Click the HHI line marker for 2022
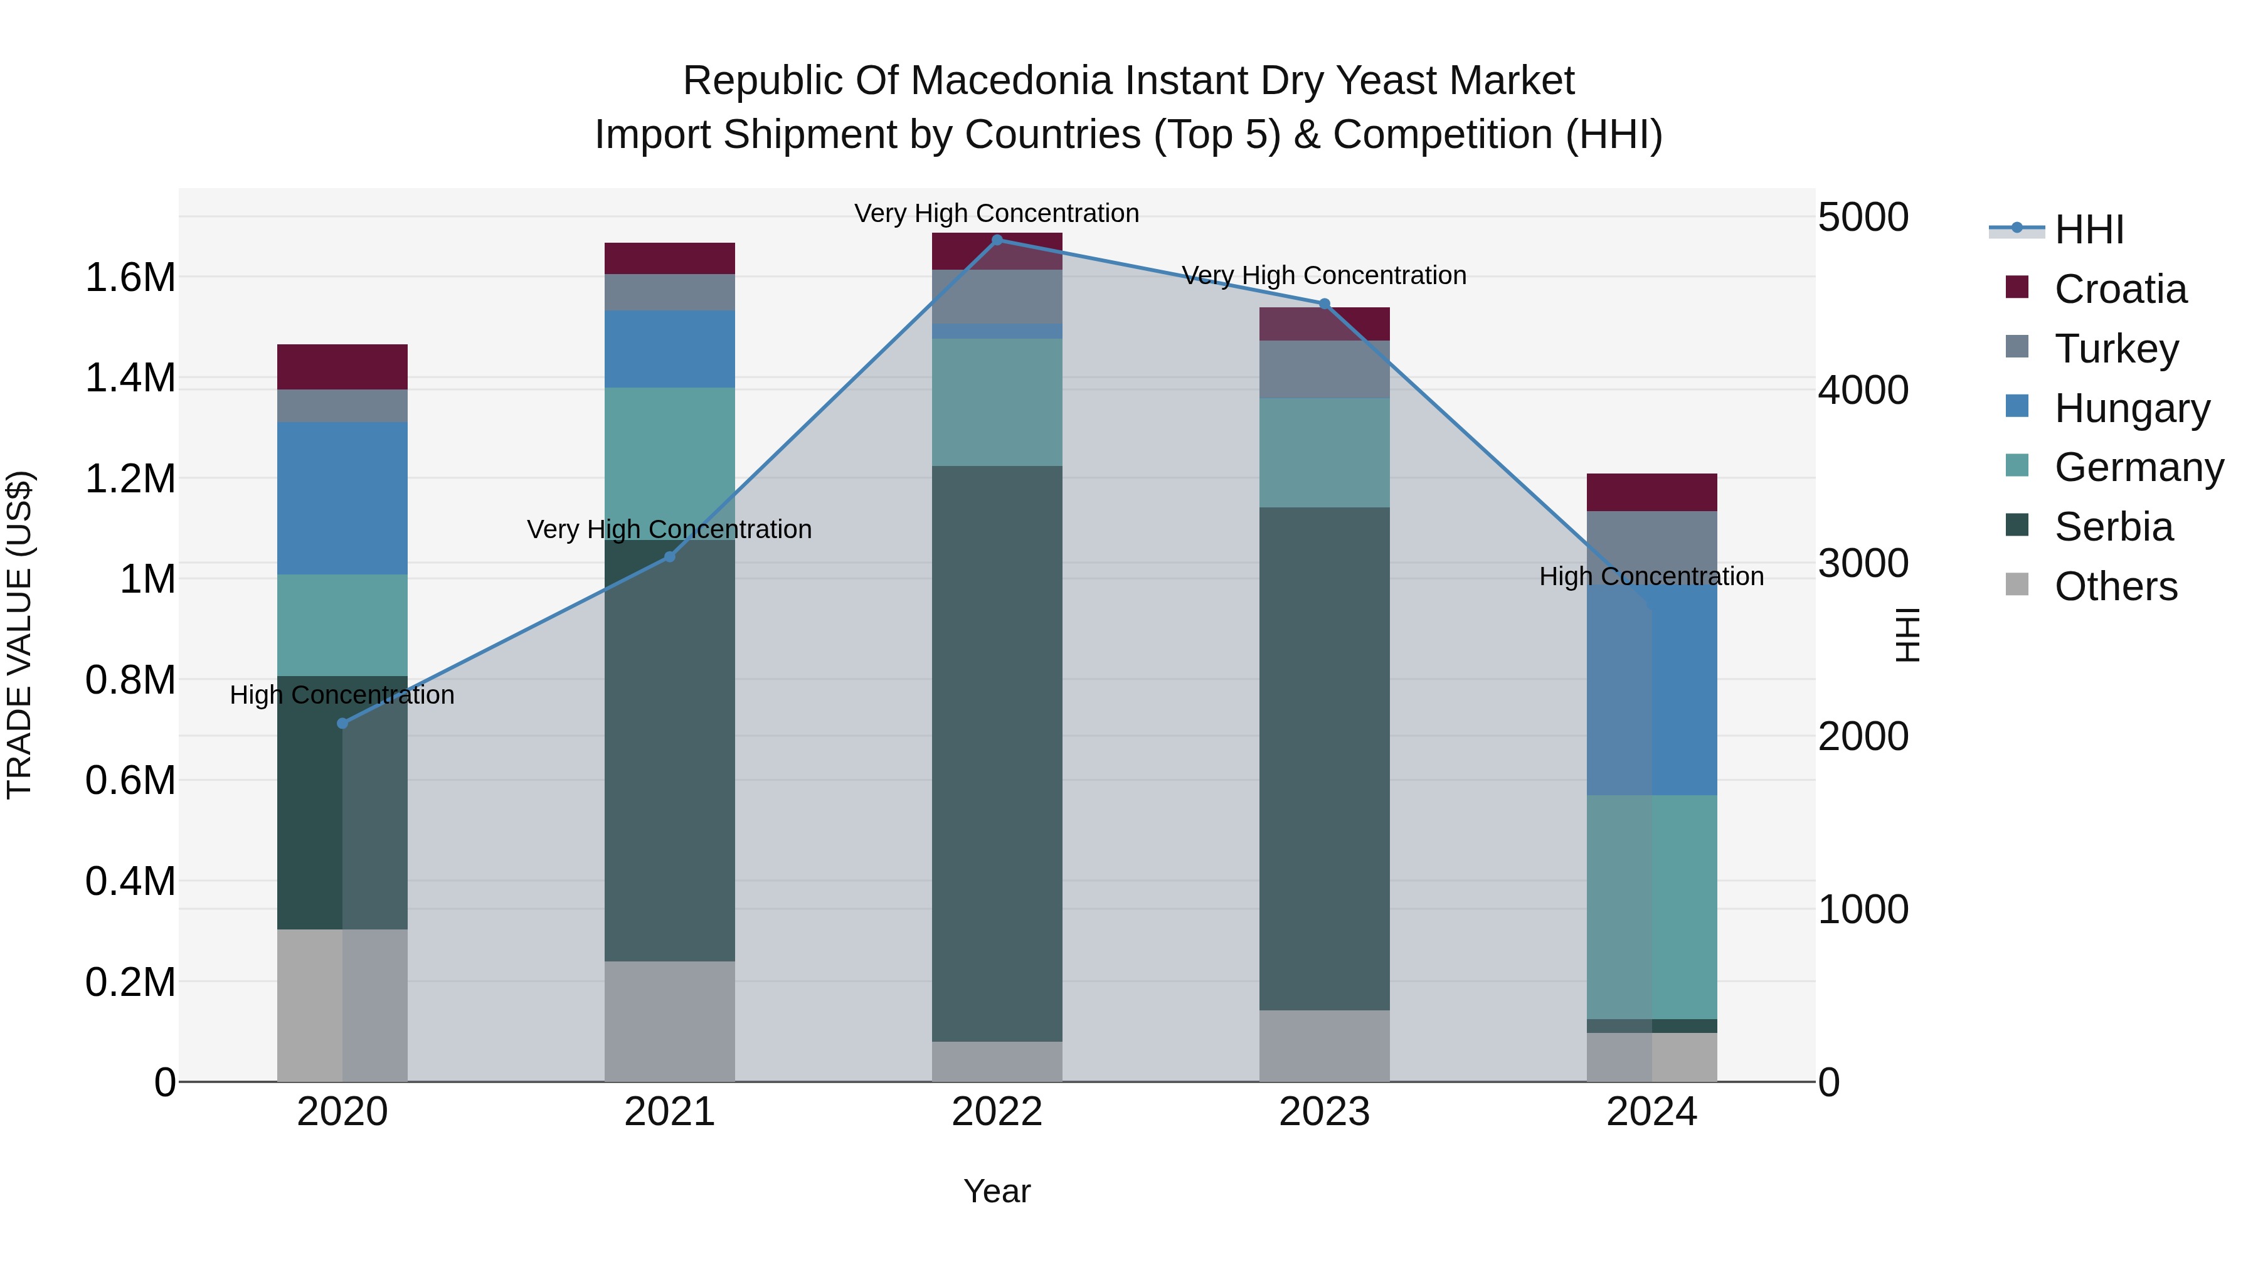[x=997, y=240]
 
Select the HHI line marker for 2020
[x=342, y=723]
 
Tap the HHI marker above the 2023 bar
[x=1325, y=304]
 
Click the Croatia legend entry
[x=2119, y=289]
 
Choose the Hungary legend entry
[x=2131, y=408]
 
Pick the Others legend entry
[x=2115, y=586]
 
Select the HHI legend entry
[x=2088, y=230]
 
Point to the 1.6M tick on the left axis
[x=130, y=278]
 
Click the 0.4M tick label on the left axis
[x=130, y=881]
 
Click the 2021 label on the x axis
[x=670, y=1112]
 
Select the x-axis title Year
[x=997, y=1191]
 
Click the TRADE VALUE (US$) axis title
[x=19, y=635]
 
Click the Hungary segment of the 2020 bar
[x=342, y=498]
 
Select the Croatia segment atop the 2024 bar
[x=1651, y=492]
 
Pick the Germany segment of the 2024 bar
[x=1651, y=907]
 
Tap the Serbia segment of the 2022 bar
[x=997, y=754]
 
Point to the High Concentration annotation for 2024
[x=1651, y=577]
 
